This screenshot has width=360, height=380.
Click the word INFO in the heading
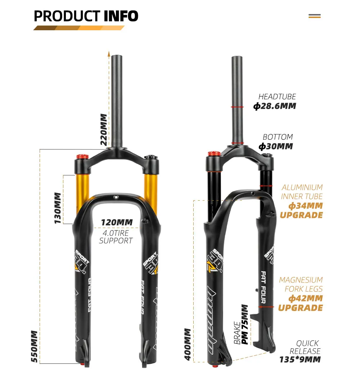click(x=121, y=16)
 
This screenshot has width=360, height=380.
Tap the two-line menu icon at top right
click(x=315, y=16)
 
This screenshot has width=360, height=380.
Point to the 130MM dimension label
click(x=58, y=208)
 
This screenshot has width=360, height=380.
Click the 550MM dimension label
click(x=34, y=347)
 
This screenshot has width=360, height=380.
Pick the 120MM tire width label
click(x=116, y=223)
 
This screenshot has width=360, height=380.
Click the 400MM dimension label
click(x=188, y=344)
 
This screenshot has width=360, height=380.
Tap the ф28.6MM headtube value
click(x=274, y=106)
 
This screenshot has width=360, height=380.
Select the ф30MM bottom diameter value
click(x=275, y=146)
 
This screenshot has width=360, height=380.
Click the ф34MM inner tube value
click(x=306, y=206)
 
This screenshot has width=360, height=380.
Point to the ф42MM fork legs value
click(x=306, y=298)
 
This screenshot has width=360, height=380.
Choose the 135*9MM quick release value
click(x=300, y=359)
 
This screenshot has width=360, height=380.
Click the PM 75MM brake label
click(x=245, y=324)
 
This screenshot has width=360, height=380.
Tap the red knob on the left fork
click(x=82, y=157)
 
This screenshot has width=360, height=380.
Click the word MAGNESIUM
click(x=301, y=280)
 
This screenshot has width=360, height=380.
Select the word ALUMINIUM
click(x=302, y=187)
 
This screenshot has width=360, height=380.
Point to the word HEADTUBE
click(x=277, y=97)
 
